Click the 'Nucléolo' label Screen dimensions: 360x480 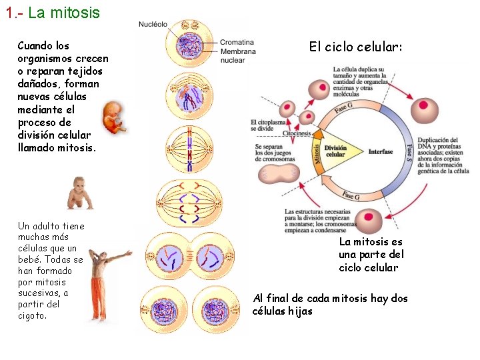tap(153, 25)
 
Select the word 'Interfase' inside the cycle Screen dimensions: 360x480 tap(381, 151)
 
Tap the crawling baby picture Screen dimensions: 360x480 tap(79, 193)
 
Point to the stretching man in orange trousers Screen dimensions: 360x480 tap(99, 273)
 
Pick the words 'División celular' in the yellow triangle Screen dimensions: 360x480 tap(335, 151)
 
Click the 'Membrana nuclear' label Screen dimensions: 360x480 tap(238, 56)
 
